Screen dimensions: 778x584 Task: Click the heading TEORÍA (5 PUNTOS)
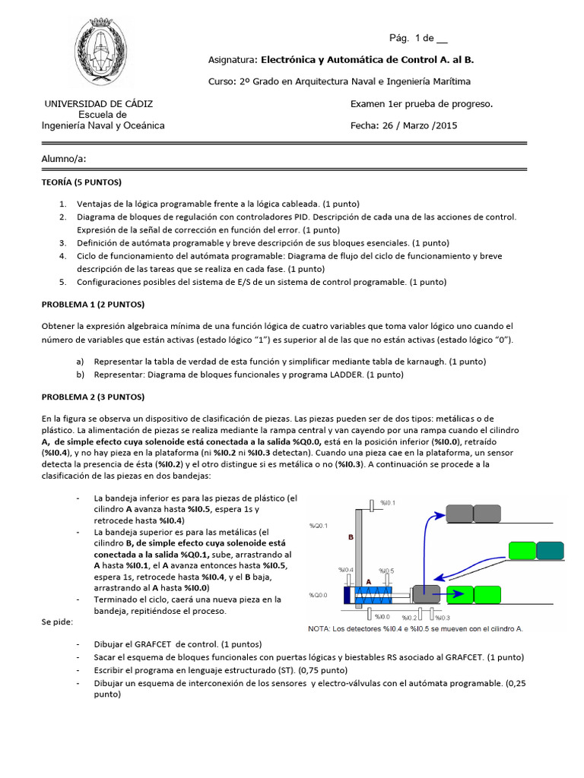(x=81, y=183)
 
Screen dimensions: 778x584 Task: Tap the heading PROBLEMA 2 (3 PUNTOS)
(x=93, y=397)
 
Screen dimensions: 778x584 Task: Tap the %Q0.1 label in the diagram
(x=319, y=525)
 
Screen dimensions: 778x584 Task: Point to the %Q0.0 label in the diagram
(x=319, y=595)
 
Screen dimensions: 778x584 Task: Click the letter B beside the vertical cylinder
(x=351, y=537)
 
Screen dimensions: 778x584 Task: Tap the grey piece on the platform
(x=427, y=593)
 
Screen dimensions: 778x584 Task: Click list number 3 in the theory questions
(x=62, y=243)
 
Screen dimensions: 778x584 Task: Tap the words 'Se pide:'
(x=58, y=621)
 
